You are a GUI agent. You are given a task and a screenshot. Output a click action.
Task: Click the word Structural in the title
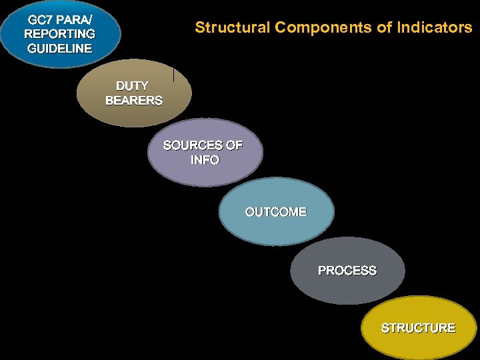click(x=232, y=27)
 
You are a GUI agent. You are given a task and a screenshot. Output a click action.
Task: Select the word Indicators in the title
click(x=435, y=27)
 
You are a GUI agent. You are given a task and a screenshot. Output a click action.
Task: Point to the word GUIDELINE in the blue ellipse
click(x=59, y=48)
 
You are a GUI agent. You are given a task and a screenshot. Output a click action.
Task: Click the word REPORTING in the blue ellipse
click(x=59, y=33)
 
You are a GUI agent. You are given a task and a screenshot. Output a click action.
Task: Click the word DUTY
click(x=132, y=86)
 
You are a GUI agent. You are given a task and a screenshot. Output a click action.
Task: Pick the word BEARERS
click(x=133, y=101)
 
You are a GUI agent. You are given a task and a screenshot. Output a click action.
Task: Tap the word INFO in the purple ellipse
click(x=205, y=160)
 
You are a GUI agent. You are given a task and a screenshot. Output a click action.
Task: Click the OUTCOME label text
click(x=276, y=212)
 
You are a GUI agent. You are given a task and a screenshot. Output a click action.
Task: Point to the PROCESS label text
click(x=347, y=271)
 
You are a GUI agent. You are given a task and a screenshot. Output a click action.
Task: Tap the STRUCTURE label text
click(x=418, y=328)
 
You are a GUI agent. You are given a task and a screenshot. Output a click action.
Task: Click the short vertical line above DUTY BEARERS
click(x=173, y=75)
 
